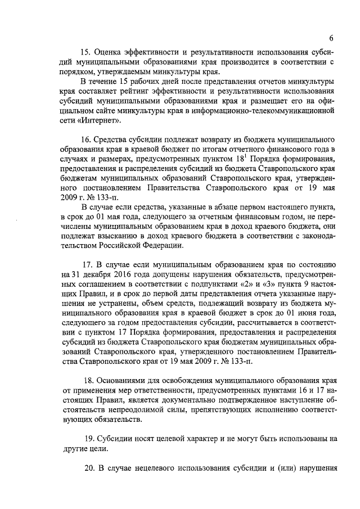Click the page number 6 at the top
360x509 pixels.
pos(332,38)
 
